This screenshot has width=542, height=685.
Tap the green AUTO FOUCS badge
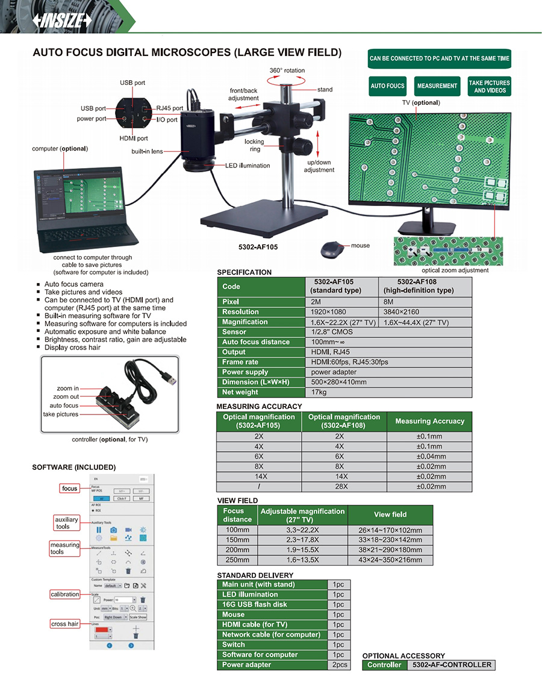coord(387,86)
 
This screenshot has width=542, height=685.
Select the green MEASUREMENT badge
coord(437,86)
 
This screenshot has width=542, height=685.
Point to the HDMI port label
coord(134,139)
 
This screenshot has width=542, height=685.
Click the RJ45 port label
coord(170,108)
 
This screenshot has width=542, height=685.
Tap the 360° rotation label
coord(287,70)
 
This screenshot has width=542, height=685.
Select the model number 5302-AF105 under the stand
coord(258,247)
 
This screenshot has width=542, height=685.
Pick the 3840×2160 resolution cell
coord(400,312)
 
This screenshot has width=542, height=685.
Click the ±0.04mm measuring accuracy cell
coord(429,457)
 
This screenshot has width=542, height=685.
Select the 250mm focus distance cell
coord(237,560)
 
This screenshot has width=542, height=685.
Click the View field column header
coord(390,515)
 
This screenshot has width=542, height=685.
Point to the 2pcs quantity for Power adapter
coord(338,665)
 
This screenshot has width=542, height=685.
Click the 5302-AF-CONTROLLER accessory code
coord(451,665)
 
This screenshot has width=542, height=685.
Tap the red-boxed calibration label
coord(65,594)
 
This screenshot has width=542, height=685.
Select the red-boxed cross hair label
coord(65,624)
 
